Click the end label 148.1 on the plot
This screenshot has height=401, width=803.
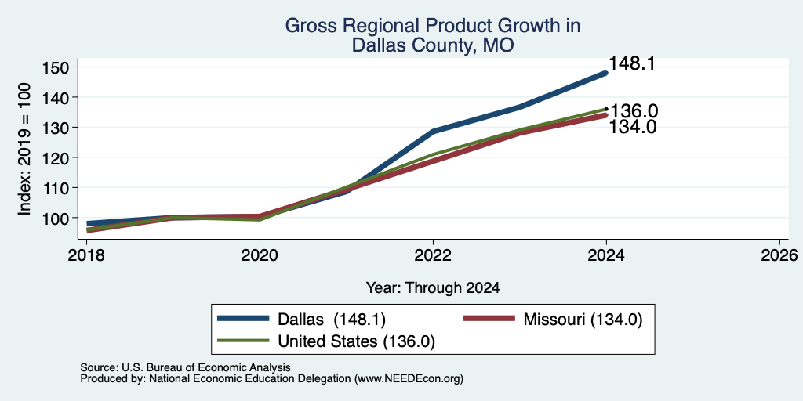(632, 63)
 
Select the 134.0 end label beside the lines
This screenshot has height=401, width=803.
(633, 127)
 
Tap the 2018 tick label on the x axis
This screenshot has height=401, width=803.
(86, 255)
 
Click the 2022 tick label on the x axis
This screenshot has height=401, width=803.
(433, 255)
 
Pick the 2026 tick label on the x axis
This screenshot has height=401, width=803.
(780, 255)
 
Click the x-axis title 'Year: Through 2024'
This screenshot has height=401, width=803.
(433, 288)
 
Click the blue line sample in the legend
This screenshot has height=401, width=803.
(243, 318)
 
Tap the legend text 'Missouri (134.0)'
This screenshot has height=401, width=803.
(583, 320)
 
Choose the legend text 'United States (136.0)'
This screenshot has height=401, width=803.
(357, 341)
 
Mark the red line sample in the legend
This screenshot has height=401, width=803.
(489, 318)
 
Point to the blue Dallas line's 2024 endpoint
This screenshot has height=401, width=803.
(606, 73)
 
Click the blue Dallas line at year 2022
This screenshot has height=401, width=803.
(433, 132)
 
